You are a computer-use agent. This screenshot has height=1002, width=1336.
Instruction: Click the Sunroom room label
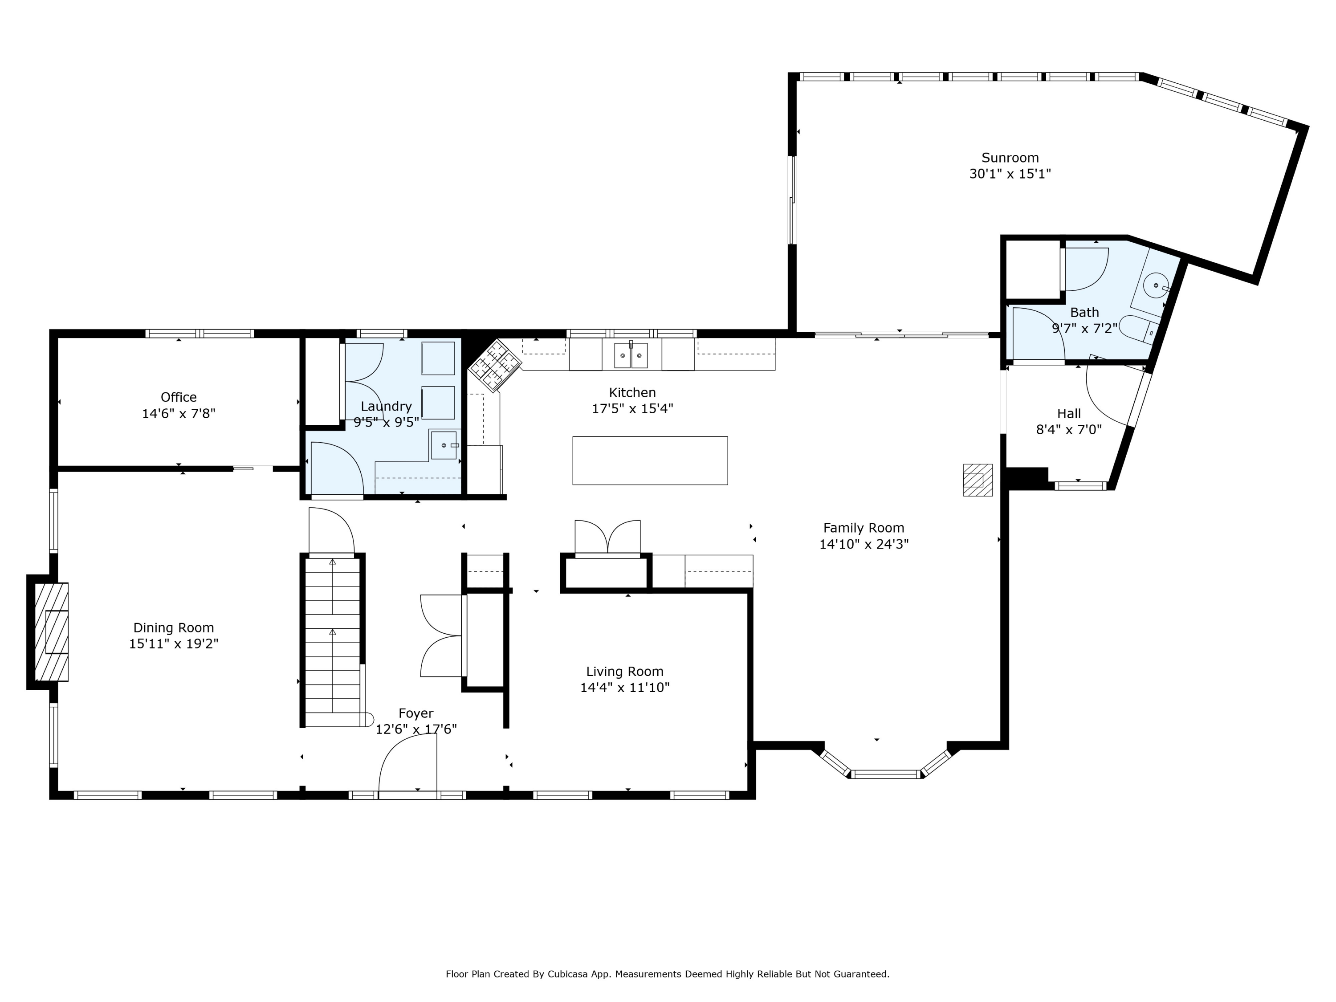[1010, 158]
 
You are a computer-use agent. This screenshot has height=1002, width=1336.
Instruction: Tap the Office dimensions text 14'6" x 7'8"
[179, 414]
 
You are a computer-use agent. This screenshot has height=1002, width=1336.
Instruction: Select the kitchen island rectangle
[650, 460]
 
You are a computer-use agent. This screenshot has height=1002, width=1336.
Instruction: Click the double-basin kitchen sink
[631, 355]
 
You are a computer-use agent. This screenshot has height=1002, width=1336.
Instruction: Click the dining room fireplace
[51, 632]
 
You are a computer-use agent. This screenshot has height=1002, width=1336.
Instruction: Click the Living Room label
[624, 672]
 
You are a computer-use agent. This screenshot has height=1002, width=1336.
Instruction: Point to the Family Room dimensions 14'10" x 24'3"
[864, 544]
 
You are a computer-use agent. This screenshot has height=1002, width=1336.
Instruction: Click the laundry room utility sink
[444, 445]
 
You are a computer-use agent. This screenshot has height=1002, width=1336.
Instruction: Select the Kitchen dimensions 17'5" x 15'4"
[632, 408]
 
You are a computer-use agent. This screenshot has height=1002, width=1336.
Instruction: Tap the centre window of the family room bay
[886, 774]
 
